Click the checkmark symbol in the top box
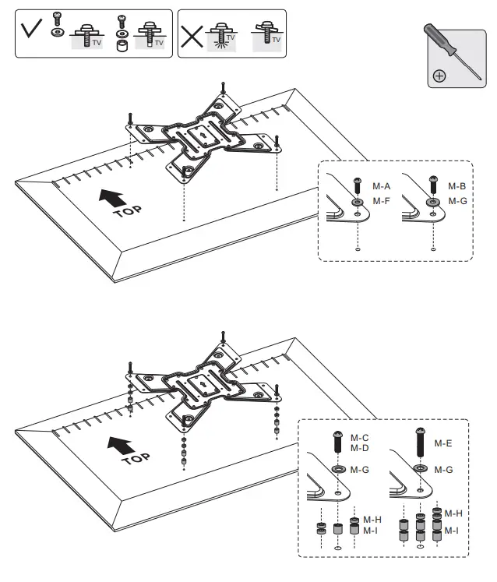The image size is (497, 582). tap(31, 33)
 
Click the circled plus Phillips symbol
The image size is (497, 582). tap(439, 76)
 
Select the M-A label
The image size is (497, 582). tap(381, 187)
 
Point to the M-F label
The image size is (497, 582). tap(381, 201)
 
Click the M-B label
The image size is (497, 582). tap(457, 187)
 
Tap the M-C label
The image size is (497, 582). tap(359, 438)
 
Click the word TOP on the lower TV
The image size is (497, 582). tap(136, 457)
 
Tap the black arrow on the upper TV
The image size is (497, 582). tap(111, 196)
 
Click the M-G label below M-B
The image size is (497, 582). tap(457, 201)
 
